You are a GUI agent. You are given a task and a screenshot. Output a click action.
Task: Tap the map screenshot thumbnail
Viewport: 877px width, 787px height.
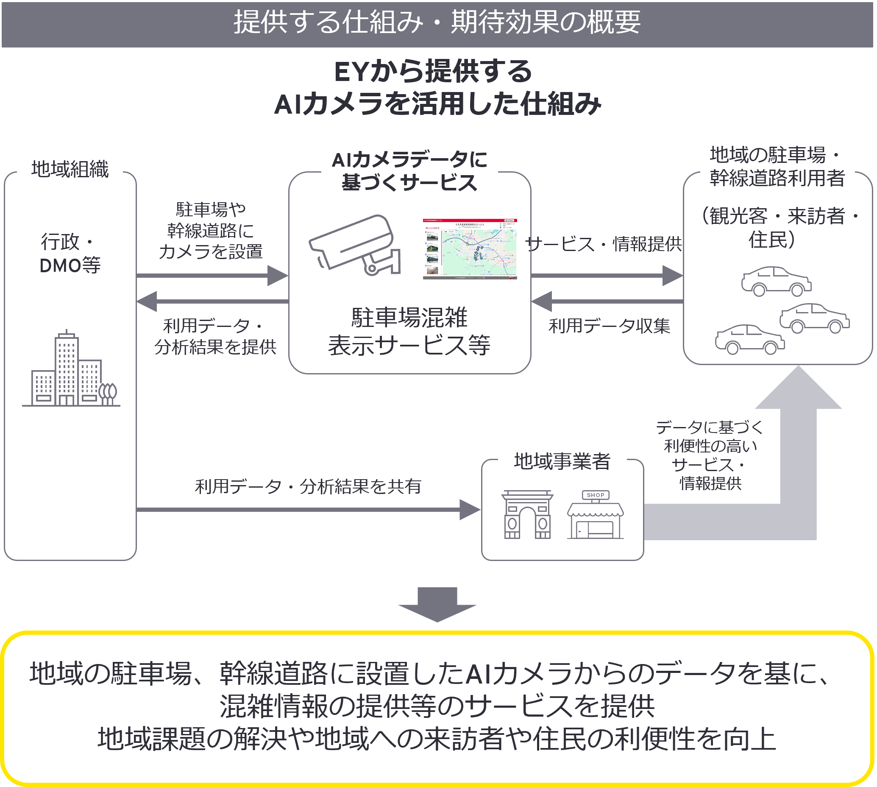pos(469,248)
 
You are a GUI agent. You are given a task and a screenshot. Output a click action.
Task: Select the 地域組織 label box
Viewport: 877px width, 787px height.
pos(70,170)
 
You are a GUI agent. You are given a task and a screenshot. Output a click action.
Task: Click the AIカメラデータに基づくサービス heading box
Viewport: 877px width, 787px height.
pos(409,172)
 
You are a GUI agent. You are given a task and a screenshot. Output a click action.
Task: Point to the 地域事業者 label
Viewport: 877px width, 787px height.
pos(562,461)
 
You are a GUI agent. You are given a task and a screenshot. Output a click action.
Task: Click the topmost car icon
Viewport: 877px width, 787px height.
pos(776,282)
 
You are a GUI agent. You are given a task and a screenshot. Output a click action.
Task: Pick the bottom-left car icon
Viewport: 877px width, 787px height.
pos(749,340)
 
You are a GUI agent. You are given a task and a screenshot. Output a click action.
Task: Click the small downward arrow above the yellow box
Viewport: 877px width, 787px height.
pos(437,605)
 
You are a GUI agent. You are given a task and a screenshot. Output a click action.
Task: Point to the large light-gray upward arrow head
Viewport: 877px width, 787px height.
pos(798,389)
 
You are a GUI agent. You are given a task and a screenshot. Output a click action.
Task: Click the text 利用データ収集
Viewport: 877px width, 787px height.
pos(609,326)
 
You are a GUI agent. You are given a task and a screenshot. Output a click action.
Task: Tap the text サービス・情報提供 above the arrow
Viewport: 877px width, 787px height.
pos(604,244)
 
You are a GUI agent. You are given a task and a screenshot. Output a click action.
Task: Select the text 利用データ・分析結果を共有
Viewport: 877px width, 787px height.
pos(308,486)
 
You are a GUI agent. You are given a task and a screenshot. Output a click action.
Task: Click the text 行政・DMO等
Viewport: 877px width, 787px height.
pos(70,254)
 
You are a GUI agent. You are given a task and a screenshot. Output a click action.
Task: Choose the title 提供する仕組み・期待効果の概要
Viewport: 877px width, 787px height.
pos(437,22)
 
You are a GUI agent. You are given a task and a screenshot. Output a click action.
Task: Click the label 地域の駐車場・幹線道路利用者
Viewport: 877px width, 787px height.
pos(777,167)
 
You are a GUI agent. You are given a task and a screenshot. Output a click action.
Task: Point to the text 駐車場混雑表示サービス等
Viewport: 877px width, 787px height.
pos(409,331)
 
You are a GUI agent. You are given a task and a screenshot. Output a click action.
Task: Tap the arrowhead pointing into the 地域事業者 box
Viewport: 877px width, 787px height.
pos(470,509)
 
